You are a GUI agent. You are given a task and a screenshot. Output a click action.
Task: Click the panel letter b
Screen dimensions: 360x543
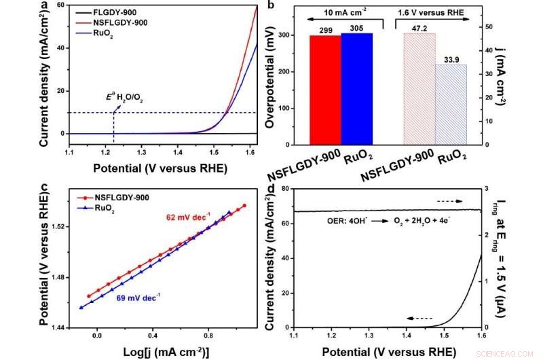(271, 6)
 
